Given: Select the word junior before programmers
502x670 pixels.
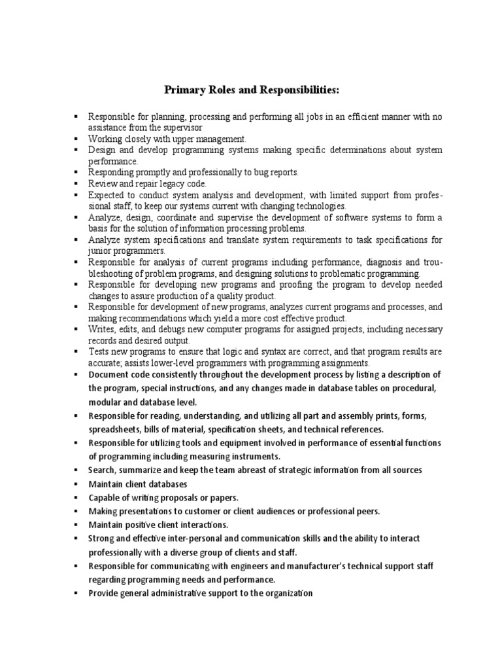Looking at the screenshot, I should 101,251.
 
